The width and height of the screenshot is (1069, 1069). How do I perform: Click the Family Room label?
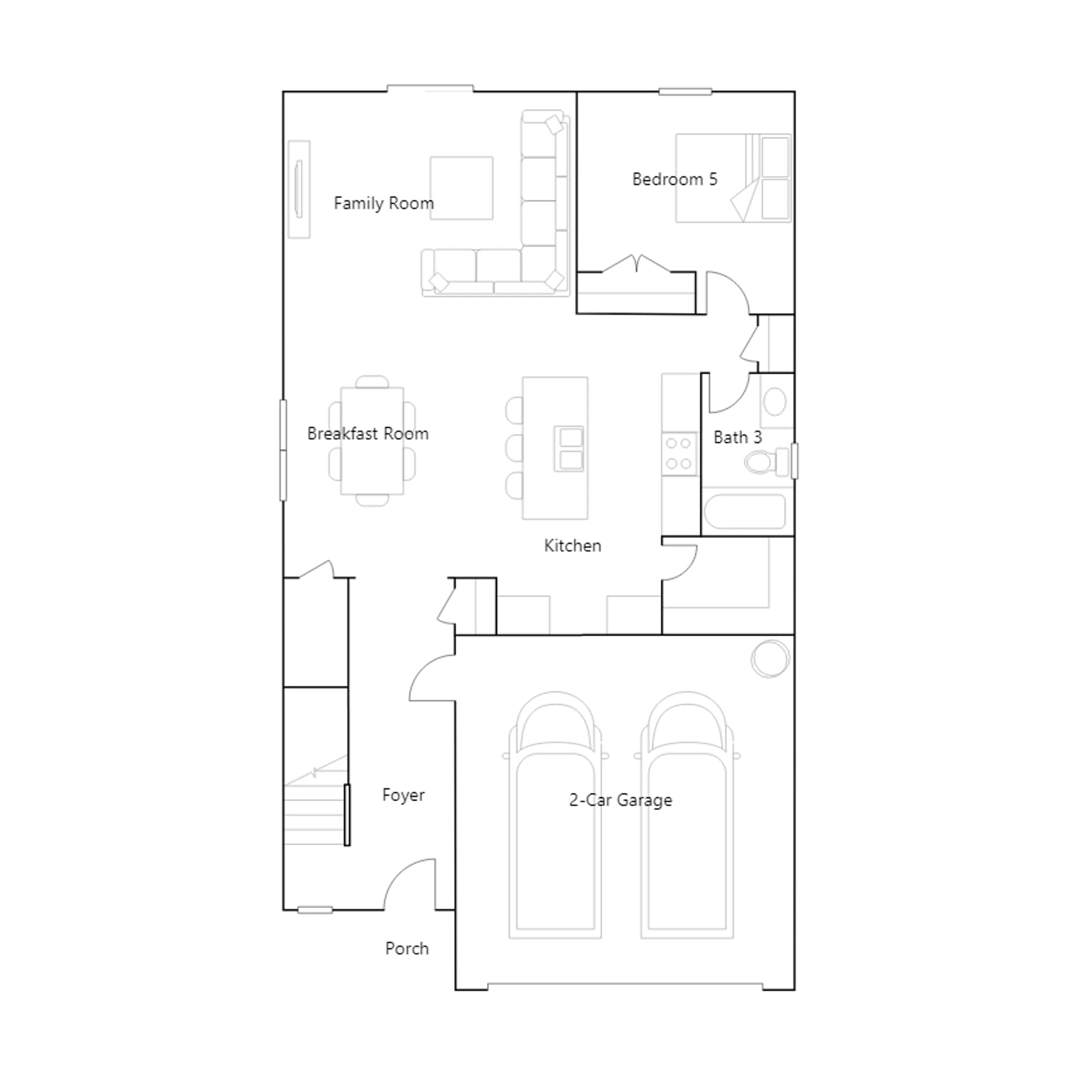tap(384, 203)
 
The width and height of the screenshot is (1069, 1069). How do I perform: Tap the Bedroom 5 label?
tap(674, 179)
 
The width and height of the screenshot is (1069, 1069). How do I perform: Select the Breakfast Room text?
tap(367, 434)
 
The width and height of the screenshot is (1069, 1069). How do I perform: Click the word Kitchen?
tap(573, 546)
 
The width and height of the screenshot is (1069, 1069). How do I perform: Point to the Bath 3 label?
tap(738, 438)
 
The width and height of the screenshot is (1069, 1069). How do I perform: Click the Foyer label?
tap(403, 795)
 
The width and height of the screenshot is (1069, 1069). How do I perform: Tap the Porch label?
tap(407, 949)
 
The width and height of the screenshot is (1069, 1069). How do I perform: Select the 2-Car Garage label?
tap(621, 800)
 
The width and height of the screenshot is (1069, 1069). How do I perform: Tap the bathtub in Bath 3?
tap(744, 512)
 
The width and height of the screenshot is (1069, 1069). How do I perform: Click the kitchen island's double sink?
tap(569, 448)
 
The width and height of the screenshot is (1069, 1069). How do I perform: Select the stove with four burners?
tap(679, 454)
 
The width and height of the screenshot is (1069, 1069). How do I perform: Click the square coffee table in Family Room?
tap(462, 188)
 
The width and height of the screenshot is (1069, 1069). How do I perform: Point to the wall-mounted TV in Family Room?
tap(299, 189)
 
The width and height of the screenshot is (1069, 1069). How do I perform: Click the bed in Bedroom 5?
tap(733, 178)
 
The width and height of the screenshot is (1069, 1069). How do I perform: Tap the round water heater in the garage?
tap(770, 659)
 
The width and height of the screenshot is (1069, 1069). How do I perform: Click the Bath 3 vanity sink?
tap(775, 402)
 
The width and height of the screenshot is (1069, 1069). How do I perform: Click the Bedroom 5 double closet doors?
tap(637, 264)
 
